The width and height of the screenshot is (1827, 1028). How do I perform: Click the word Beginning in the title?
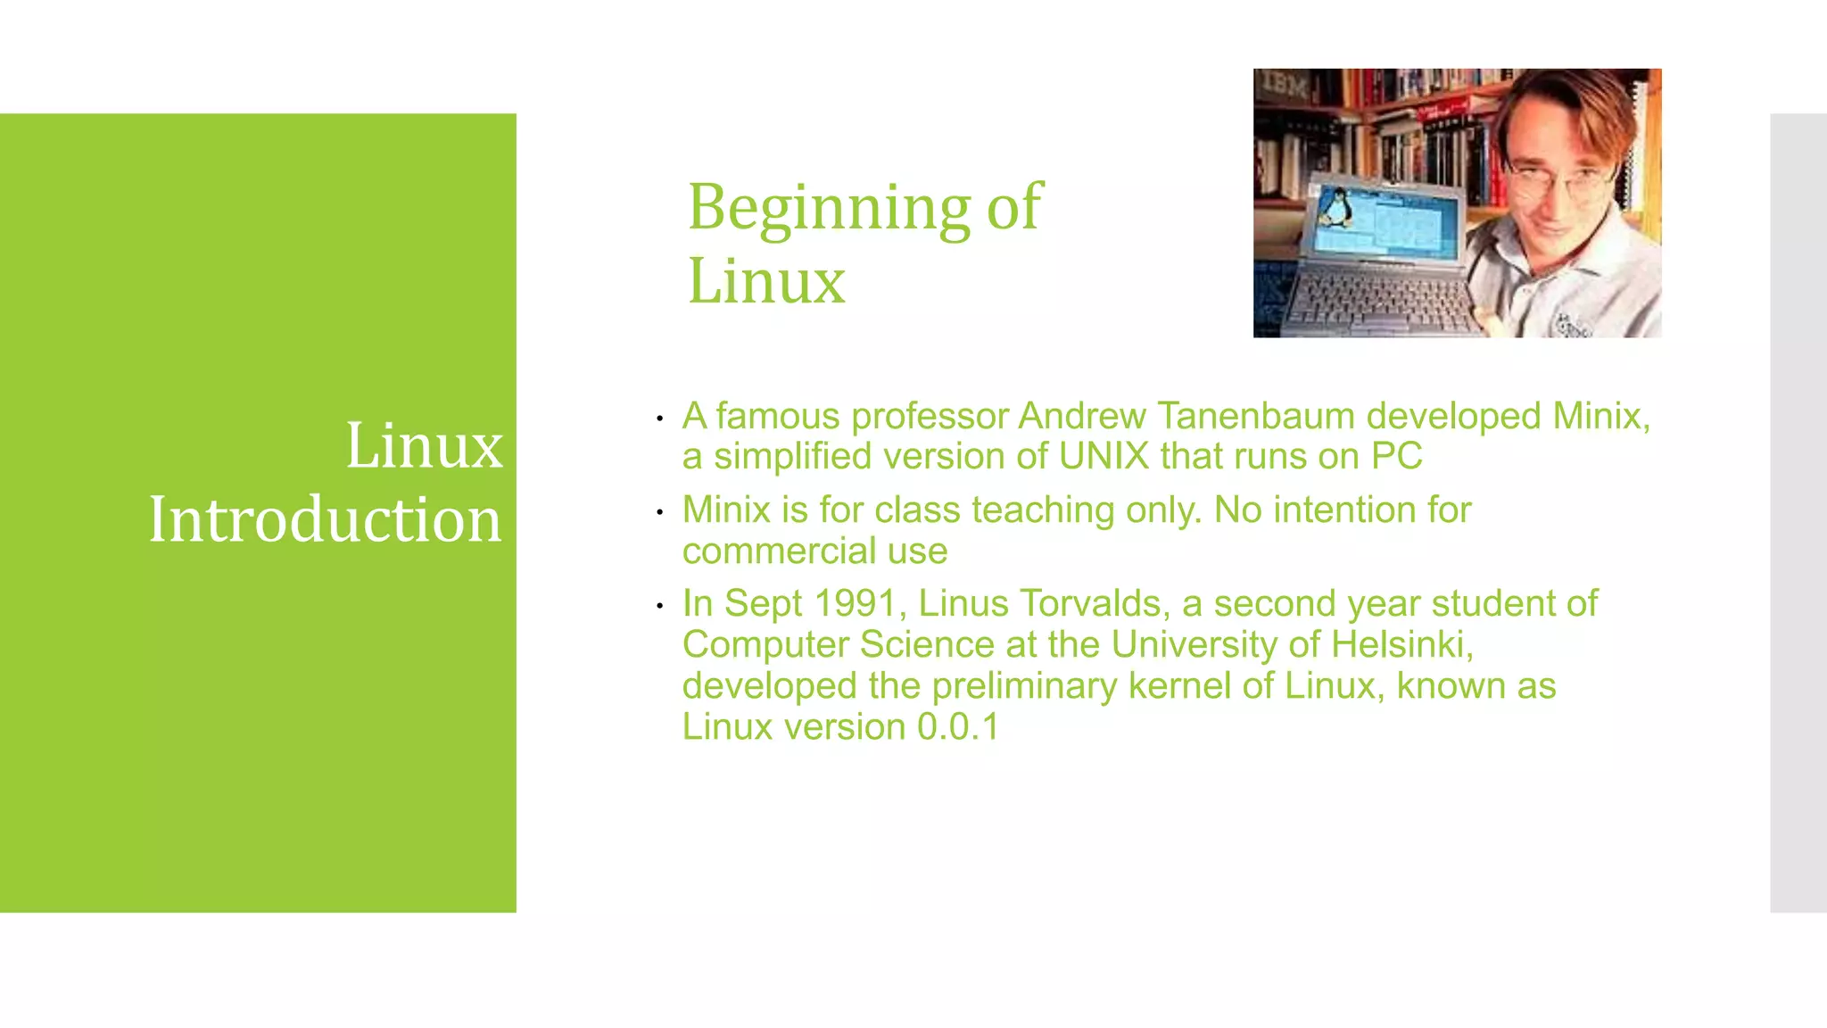(828, 207)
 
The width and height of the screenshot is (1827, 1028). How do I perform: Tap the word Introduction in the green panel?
(325, 519)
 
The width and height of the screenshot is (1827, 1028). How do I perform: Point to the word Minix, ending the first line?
(1600, 416)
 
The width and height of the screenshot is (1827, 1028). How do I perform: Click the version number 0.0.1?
(958, 726)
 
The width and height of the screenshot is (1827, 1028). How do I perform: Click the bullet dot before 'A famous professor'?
(659, 419)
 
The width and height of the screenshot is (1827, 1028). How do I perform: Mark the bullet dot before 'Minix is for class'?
(659, 512)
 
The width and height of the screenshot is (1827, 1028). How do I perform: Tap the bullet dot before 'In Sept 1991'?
(659, 607)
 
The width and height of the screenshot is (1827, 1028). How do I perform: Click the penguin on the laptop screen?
(1335, 209)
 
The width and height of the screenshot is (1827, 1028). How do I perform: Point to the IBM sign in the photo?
(1286, 86)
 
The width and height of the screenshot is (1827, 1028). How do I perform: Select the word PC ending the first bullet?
(1396, 456)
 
